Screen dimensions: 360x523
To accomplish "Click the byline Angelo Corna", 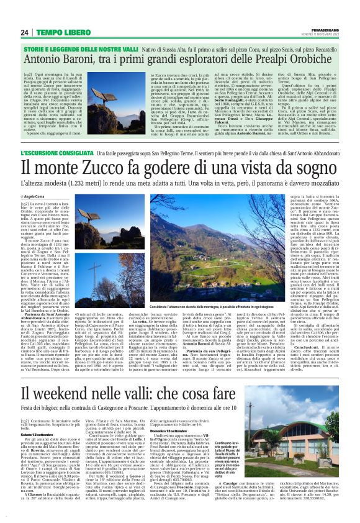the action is (x=53, y=195).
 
